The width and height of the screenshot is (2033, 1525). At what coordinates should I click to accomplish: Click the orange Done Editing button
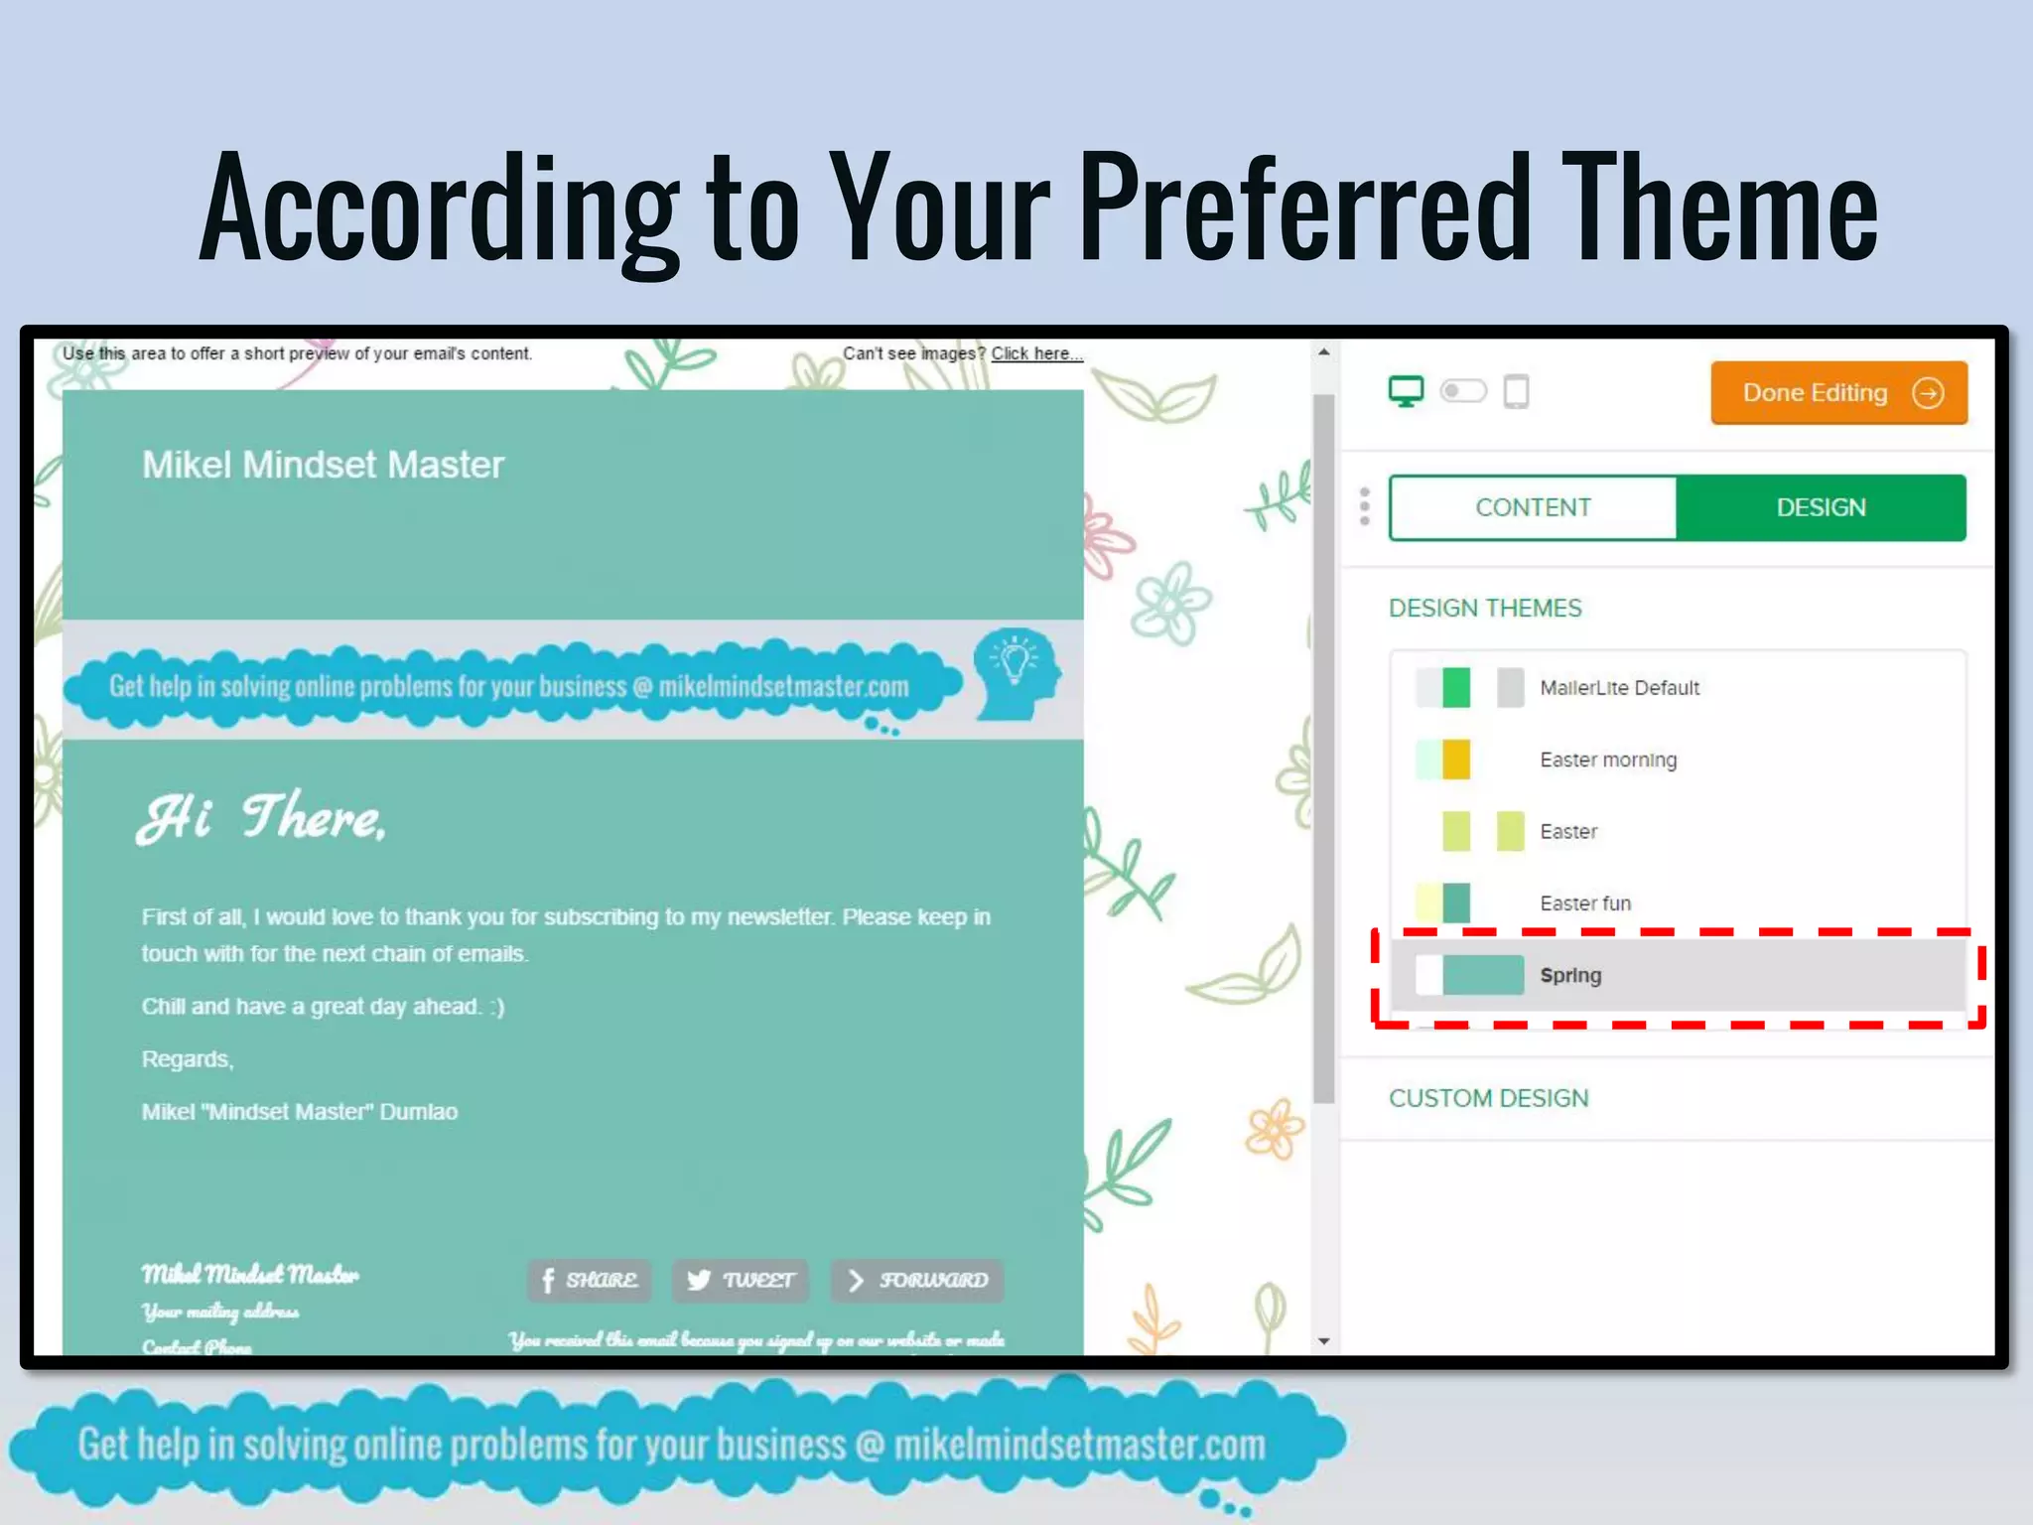[1838, 393]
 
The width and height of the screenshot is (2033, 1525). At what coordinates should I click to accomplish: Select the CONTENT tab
[1533, 507]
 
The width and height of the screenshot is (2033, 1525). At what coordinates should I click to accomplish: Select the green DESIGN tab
[1821, 507]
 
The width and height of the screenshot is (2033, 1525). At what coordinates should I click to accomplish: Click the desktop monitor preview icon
[1406, 391]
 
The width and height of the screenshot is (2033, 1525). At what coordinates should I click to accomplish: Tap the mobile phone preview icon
[1516, 391]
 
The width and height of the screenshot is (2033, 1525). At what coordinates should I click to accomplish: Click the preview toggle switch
[1463, 391]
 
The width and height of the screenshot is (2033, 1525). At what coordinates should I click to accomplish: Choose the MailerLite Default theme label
[1619, 688]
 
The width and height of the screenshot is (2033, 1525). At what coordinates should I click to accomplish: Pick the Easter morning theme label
[1608, 760]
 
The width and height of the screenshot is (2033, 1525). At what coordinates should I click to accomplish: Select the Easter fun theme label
[1585, 903]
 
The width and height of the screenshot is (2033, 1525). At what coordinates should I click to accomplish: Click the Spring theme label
[1570, 975]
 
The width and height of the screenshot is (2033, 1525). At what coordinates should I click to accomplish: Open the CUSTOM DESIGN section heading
[1488, 1098]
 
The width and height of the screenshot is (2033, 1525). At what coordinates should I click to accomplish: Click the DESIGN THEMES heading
[1485, 608]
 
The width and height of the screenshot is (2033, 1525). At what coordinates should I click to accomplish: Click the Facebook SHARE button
[590, 1280]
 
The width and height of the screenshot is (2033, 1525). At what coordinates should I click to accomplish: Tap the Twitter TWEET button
[741, 1280]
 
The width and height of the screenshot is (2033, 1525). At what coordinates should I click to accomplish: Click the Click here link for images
[1035, 353]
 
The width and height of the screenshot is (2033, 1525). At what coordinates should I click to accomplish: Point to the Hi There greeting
[261, 818]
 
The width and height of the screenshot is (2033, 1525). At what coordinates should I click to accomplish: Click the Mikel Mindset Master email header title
[323, 465]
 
